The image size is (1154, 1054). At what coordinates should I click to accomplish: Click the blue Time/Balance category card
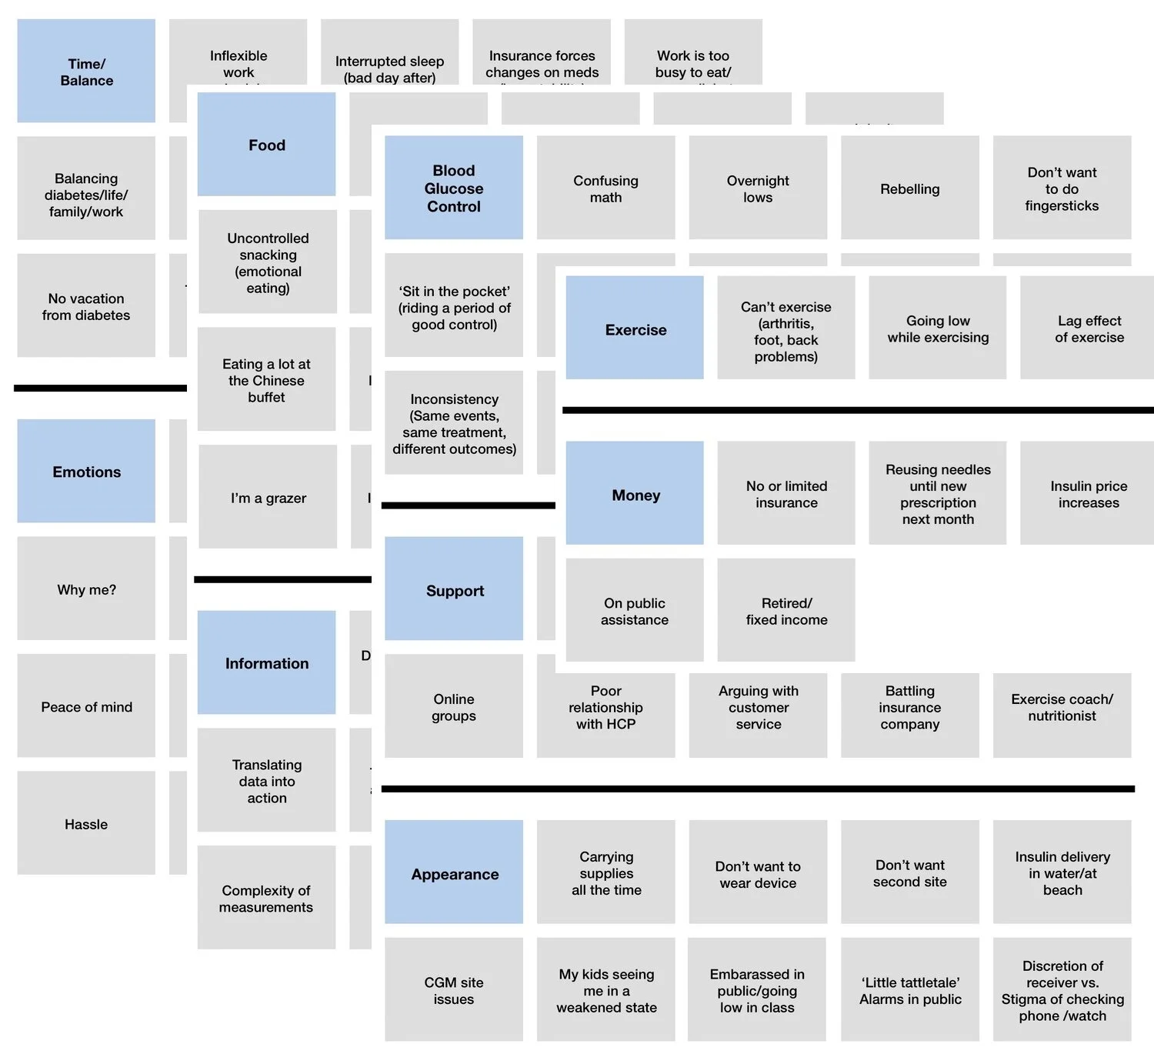pyautogui.click(x=86, y=72)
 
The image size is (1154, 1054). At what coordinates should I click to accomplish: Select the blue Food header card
pyautogui.click(x=266, y=145)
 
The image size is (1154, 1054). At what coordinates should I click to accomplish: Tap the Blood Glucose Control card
pyautogui.click(x=454, y=188)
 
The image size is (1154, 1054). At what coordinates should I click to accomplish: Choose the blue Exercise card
pyautogui.click(x=635, y=329)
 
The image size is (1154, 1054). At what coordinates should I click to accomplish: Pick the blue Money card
pyautogui.click(x=635, y=494)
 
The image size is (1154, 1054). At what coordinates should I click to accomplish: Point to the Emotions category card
pyautogui.click(x=86, y=471)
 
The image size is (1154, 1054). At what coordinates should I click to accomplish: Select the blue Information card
pyautogui.click(x=266, y=662)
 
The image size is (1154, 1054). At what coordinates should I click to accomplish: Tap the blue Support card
pyautogui.click(x=454, y=589)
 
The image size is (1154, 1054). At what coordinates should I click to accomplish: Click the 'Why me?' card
pyautogui.click(x=86, y=589)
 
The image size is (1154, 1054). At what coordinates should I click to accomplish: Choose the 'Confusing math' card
pyautogui.click(x=605, y=188)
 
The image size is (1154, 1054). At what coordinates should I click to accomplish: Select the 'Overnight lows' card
pyautogui.click(x=758, y=188)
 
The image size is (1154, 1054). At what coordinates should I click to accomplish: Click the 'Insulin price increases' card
pyautogui.click(x=1088, y=494)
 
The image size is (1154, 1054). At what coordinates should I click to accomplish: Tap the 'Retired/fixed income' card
pyautogui.click(x=786, y=610)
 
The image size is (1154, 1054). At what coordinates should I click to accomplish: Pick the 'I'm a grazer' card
pyautogui.click(x=268, y=497)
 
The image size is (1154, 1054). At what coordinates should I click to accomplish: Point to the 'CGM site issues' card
pyautogui.click(x=454, y=989)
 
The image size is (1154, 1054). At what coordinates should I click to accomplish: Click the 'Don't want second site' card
pyautogui.click(x=909, y=872)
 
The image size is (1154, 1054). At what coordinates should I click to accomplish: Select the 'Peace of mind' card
pyautogui.click(x=86, y=705)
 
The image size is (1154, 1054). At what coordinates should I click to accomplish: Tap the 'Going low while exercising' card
pyautogui.click(x=937, y=329)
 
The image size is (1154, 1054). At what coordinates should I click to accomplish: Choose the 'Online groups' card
pyautogui.click(x=454, y=706)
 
